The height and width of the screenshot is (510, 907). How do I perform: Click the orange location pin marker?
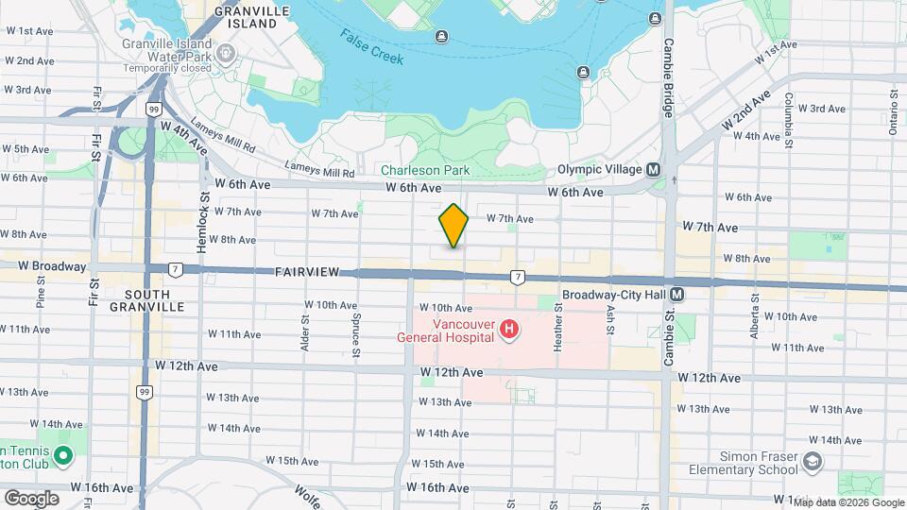[453, 225]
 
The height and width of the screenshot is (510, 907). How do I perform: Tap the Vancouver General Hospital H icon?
[509, 329]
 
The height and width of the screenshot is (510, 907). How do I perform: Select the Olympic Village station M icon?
[652, 169]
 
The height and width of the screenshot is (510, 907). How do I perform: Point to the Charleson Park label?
[425, 171]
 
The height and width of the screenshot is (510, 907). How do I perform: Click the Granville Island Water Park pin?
[226, 52]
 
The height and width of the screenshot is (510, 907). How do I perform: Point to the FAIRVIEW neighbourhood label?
[307, 272]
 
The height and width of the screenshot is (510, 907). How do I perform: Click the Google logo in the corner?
[31, 498]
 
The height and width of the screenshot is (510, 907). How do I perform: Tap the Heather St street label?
[559, 335]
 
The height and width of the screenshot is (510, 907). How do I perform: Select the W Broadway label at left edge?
[45, 266]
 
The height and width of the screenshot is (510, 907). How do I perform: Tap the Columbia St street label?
[786, 124]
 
